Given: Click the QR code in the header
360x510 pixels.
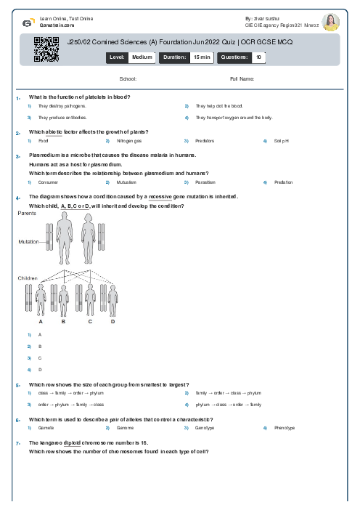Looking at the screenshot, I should [x=46, y=49].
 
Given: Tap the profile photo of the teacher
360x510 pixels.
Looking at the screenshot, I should [x=330, y=21].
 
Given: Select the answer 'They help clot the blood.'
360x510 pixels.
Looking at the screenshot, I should [x=219, y=106].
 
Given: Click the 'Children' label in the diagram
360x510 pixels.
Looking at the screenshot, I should [x=28, y=278].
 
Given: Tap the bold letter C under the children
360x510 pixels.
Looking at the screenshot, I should [x=90, y=320].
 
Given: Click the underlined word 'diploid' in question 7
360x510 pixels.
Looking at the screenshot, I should [x=72, y=442].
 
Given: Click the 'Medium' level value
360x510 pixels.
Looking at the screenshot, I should [x=142, y=56].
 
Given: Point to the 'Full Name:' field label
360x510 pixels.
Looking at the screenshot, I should [x=242, y=78].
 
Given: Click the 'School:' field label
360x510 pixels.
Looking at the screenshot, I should [x=128, y=78].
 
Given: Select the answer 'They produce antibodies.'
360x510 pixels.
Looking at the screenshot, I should [x=62, y=117].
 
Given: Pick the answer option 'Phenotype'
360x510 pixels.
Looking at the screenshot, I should [x=284, y=428].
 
